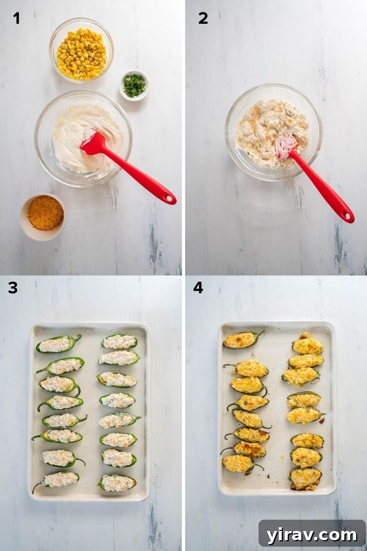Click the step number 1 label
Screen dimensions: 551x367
point(17,18)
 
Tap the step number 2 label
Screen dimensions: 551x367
point(203,18)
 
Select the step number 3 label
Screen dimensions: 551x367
point(12,288)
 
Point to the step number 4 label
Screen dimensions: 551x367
point(198,288)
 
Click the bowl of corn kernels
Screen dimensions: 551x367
point(81,53)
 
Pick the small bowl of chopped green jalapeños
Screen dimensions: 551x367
point(134,85)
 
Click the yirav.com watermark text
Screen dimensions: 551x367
point(311,535)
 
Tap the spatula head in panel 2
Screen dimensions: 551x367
point(286,146)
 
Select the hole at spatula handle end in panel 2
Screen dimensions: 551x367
point(348,218)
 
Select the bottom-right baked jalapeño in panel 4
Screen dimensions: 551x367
point(305,477)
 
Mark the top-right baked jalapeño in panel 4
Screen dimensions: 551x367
point(308,345)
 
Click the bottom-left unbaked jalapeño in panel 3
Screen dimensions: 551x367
point(58,479)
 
